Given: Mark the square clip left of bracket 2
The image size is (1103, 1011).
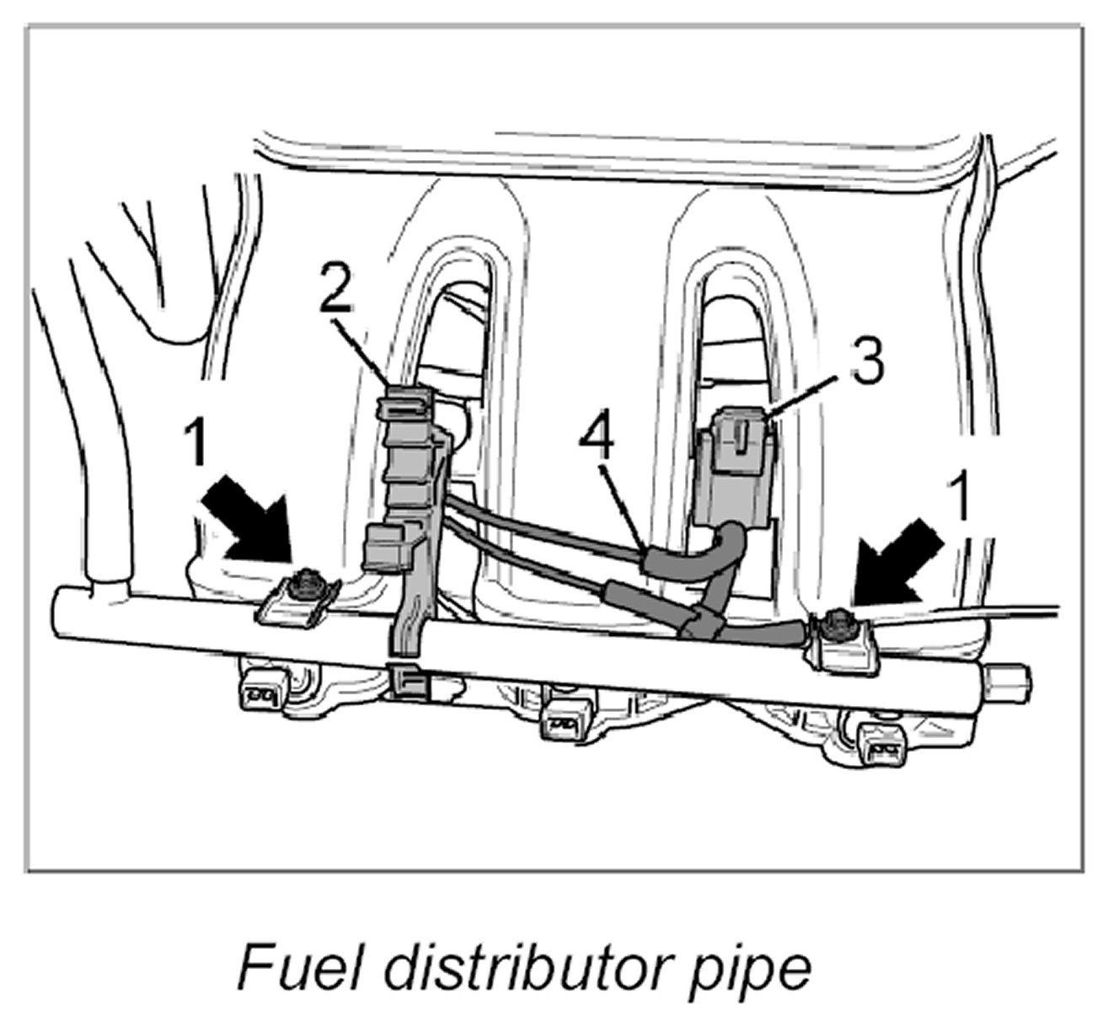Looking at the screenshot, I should tap(383, 548).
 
